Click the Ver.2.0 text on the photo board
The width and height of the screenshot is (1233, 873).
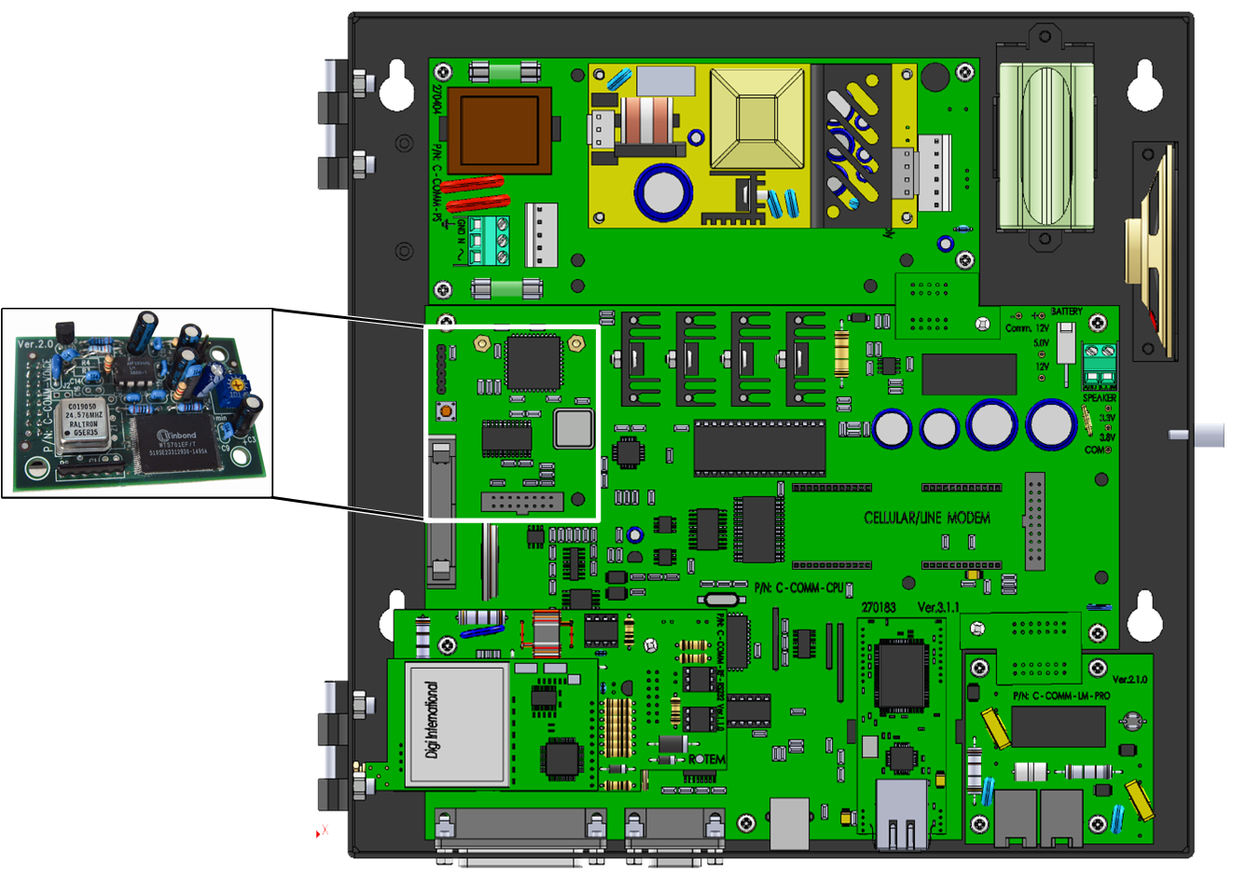click(x=35, y=344)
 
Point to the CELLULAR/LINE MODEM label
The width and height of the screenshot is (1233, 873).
click(x=927, y=518)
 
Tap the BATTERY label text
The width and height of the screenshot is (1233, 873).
click(x=1066, y=312)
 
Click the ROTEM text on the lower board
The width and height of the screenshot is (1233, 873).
click(x=707, y=759)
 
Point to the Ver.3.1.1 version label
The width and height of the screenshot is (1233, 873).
click(x=938, y=607)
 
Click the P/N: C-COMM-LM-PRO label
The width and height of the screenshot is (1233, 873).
click(x=1061, y=696)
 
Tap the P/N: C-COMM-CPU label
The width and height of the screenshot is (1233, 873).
click(x=797, y=589)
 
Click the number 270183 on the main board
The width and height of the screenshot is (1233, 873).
click(x=879, y=607)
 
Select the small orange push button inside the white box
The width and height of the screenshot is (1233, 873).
click(x=447, y=410)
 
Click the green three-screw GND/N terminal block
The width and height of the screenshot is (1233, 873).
click(x=490, y=241)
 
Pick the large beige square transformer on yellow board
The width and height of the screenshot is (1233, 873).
click(x=757, y=118)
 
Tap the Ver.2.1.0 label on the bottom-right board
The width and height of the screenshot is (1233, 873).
click(x=1129, y=679)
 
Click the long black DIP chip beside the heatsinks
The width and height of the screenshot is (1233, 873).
click(x=759, y=448)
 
